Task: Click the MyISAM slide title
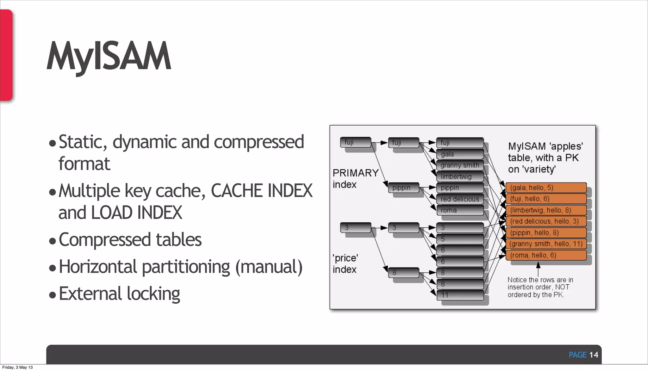coord(109,56)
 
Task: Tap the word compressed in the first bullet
coord(259,142)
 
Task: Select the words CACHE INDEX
coord(261,191)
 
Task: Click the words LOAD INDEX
coord(136,213)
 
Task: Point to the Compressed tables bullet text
coord(130,240)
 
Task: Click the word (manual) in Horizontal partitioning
coord(269,267)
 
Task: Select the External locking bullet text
coord(119,294)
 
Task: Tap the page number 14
coord(593,355)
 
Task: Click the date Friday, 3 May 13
coord(17,367)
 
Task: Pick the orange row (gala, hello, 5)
coord(546,188)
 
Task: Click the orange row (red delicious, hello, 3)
coord(546,221)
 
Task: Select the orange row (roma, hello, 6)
coord(546,255)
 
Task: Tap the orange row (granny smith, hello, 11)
coord(546,244)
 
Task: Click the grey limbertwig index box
coord(460,176)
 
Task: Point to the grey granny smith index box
coord(460,165)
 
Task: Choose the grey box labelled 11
coord(460,295)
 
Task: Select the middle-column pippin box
coord(403,188)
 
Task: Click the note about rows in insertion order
coord(540,287)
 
